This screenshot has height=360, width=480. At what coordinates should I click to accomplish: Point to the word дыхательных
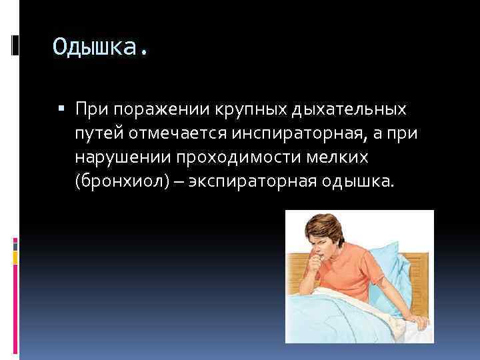tap(350, 108)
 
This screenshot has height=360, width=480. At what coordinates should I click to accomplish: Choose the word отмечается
tap(178, 133)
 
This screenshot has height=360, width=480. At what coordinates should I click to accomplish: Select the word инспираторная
tap(298, 133)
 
